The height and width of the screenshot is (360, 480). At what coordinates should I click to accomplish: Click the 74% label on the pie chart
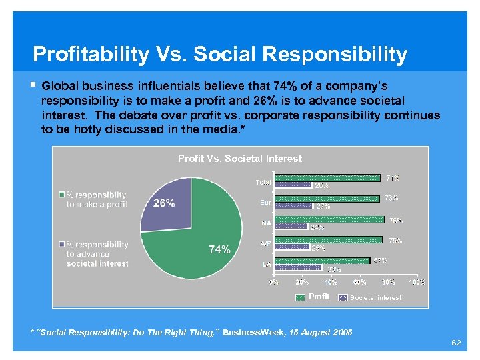[x=220, y=249]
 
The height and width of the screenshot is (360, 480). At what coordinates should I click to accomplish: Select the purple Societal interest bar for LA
[x=299, y=268]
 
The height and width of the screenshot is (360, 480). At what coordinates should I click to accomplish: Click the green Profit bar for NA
[x=329, y=219]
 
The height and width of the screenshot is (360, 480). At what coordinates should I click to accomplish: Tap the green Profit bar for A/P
[x=329, y=240]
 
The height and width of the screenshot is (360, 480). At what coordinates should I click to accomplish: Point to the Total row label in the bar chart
[x=263, y=182]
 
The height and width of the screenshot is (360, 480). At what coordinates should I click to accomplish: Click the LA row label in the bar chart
[x=265, y=265]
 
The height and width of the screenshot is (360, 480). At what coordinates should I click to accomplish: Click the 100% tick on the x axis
[x=417, y=282]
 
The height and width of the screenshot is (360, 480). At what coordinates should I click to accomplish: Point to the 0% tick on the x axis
[x=274, y=282]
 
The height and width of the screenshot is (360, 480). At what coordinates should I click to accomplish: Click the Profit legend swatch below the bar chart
[x=300, y=297]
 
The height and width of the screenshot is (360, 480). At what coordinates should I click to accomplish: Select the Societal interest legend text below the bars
[x=375, y=297]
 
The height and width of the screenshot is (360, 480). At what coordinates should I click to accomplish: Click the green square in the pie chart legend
[x=61, y=195]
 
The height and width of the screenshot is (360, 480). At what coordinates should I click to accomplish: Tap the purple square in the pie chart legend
[x=61, y=244]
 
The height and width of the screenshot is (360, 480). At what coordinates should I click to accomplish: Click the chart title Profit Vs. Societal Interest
[x=239, y=159]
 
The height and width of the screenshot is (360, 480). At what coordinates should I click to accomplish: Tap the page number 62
[x=456, y=343]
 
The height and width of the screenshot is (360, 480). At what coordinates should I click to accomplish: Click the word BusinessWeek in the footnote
[x=253, y=332]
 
